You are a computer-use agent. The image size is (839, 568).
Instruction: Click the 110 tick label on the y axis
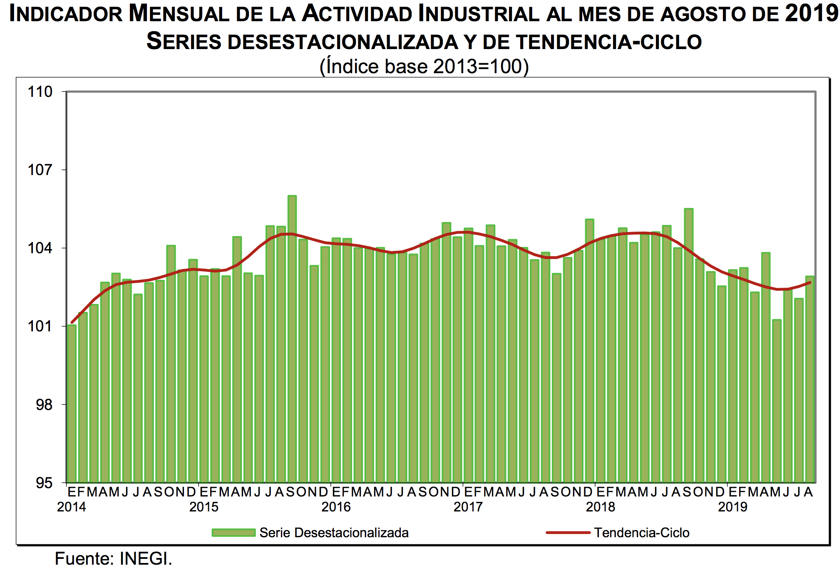click(x=40, y=92)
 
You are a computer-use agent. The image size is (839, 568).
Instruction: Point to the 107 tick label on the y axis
click(x=40, y=170)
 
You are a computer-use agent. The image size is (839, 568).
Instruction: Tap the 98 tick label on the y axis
click(x=44, y=404)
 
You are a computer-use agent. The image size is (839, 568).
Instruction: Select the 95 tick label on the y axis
click(x=44, y=483)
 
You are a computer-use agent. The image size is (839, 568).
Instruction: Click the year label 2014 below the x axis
click(x=72, y=507)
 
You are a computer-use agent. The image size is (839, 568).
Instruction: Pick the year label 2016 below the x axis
click(x=336, y=507)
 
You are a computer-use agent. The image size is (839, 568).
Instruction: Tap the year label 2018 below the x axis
click(x=600, y=507)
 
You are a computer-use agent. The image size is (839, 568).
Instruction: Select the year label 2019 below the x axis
click(x=732, y=507)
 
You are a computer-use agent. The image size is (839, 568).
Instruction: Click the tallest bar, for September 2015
click(x=292, y=339)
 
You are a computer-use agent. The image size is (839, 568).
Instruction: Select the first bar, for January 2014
click(x=72, y=403)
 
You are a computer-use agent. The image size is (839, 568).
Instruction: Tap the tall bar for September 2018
click(x=689, y=345)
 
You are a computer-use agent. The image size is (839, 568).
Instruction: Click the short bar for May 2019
click(x=777, y=401)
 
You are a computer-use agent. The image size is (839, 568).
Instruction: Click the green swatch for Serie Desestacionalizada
click(x=233, y=533)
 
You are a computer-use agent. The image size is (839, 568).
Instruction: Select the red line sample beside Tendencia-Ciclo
click(x=568, y=533)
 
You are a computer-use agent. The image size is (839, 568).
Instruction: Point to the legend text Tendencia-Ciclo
click(x=642, y=533)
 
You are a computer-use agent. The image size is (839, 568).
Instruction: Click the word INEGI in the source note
click(x=146, y=558)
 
